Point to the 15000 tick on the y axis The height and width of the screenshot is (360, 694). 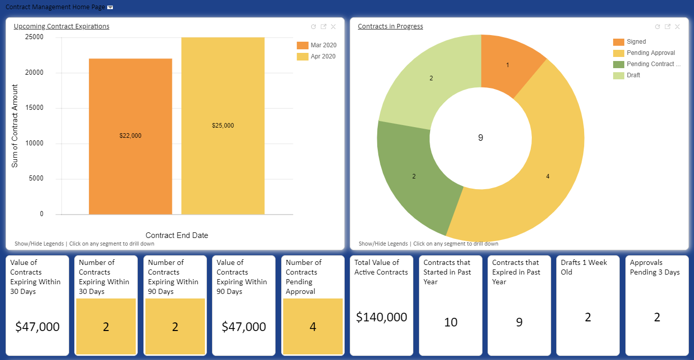pos(35,108)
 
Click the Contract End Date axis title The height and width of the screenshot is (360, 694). pos(176,235)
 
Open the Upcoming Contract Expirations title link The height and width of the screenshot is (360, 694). pos(62,26)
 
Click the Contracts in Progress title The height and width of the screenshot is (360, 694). pos(390,26)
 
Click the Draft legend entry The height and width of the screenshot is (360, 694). pos(633,75)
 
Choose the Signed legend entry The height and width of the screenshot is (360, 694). pos(636,42)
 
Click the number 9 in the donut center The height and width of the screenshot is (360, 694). pos(480,137)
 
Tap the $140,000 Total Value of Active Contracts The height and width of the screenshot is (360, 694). pos(381,317)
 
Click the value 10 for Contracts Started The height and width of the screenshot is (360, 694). pos(450,322)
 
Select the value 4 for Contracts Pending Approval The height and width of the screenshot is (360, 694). pos(313,326)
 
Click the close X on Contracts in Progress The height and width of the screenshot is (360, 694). pos(677,27)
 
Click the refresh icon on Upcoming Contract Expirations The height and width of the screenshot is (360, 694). pos(313,27)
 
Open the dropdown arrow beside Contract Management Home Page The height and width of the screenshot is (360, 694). pos(110,8)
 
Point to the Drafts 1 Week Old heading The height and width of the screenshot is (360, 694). pos(584,267)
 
